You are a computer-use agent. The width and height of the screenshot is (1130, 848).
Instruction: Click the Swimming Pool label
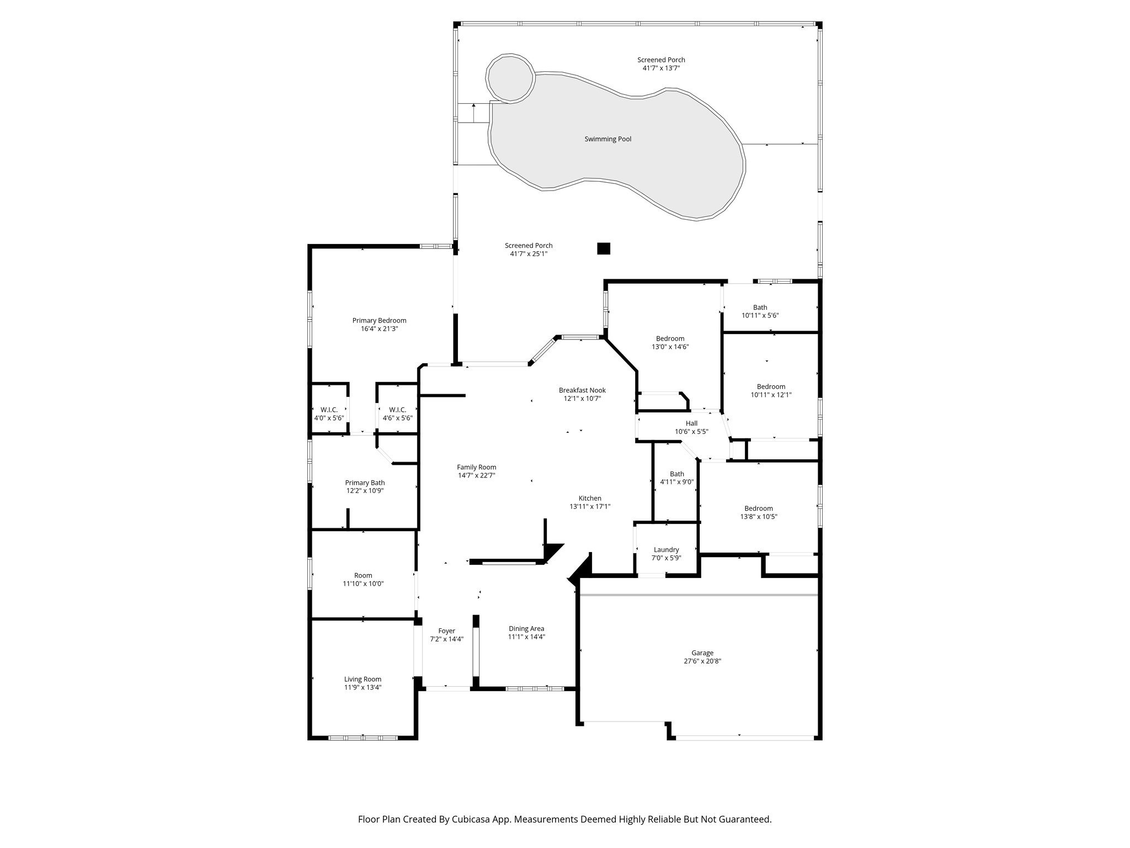(x=607, y=139)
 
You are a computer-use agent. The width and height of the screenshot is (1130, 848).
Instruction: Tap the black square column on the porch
(x=604, y=248)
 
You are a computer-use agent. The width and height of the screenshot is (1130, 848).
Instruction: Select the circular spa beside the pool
(x=510, y=78)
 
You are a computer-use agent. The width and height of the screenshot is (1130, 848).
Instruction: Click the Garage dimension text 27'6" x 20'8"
(x=702, y=661)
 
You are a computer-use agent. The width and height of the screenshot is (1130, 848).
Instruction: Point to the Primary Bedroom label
(x=379, y=320)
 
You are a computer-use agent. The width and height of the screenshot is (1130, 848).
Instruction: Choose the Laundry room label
(x=666, y=550)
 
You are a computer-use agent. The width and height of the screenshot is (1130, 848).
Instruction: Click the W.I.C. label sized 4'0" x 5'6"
(x=329, y=410)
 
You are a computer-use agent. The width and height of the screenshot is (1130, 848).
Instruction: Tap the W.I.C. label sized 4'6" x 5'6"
(x=397, y=410)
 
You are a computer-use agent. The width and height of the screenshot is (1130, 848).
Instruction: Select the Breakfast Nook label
(x=582, y=390)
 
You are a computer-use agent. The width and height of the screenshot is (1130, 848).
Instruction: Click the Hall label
(x=691, y=423)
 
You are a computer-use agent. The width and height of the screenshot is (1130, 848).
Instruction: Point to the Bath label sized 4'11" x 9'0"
(x=677, y=474)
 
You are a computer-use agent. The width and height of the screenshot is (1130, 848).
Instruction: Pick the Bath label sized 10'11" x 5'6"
(x=760, y=308)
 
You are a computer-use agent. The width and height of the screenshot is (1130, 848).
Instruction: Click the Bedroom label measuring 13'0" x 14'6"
(x=670, y=338)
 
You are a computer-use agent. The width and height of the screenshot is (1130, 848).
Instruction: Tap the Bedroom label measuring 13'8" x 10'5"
(x=758, y=508)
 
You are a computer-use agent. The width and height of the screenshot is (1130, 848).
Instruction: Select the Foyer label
(x=446, y=631)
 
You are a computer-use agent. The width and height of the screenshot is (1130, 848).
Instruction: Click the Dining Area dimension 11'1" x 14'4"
(x=526, y=637)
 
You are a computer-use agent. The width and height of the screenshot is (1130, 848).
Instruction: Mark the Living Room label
(x=363, y=680)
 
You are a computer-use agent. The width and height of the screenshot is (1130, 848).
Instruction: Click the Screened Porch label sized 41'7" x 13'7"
(x=661, y=60)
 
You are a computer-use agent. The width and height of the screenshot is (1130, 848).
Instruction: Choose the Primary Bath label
(x=365, y=483)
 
